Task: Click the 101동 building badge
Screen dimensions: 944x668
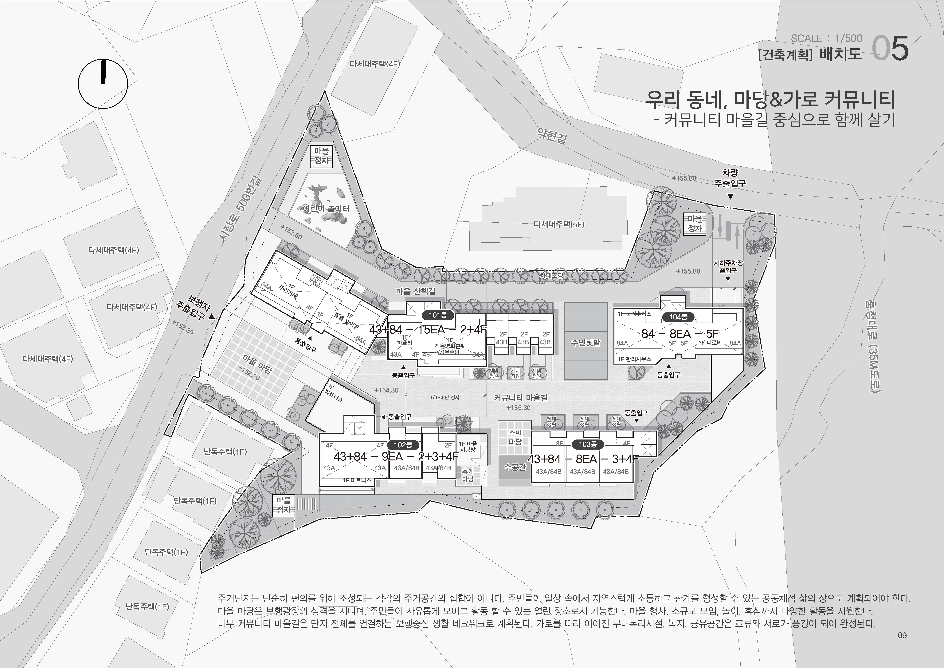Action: click(438, 316)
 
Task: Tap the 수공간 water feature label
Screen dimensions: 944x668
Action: click(515, 467)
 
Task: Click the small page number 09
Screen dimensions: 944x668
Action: click(902, 635)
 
